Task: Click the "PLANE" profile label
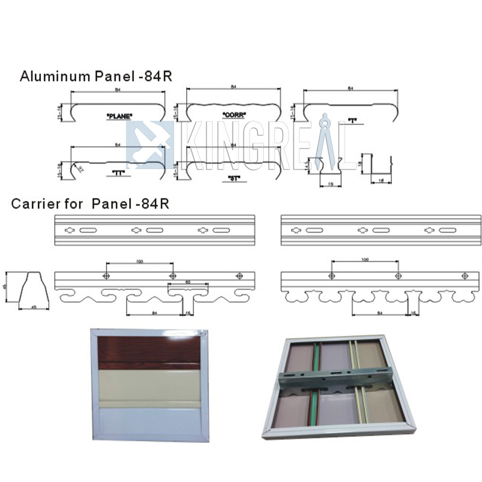pos(118,115)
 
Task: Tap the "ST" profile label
pos(234,179)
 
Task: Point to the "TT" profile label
pos(118,174)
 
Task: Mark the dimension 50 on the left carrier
pos(188,282)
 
